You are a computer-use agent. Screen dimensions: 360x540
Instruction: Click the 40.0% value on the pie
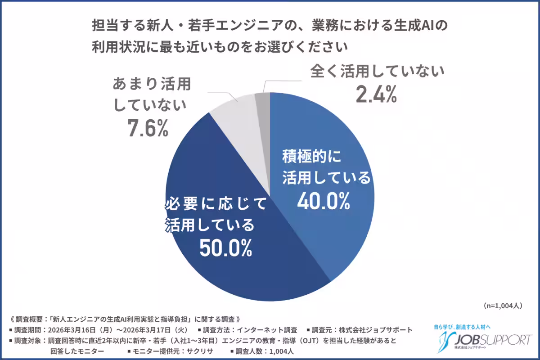[x=323, y=202]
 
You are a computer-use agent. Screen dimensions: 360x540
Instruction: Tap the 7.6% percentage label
[x=147, y=128]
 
